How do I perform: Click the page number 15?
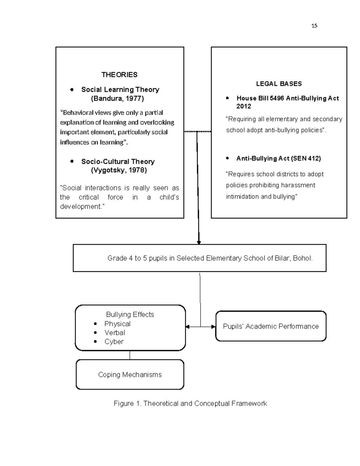[314, 26]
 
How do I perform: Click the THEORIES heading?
[119, 75]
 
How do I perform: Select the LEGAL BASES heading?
[279, 84]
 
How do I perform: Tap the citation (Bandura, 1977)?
[117, 98]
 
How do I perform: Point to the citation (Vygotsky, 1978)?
[119, 170]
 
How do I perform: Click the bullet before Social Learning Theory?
[72, 89]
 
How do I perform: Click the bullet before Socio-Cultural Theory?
[72, 161]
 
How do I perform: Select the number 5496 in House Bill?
[277, 98]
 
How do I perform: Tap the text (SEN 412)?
[306, 158]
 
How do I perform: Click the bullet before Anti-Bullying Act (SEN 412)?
[227, 158]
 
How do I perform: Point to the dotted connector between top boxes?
[197, 131]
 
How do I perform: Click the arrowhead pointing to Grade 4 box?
[199, 242]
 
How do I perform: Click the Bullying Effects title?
[130, 314]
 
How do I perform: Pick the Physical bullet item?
[117, 324]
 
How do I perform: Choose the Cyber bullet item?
[114, 341]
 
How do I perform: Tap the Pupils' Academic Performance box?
[271, 326]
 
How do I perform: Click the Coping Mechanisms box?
[130, 374]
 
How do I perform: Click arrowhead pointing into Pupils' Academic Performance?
[214, 327]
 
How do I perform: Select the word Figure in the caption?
[124, 404]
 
